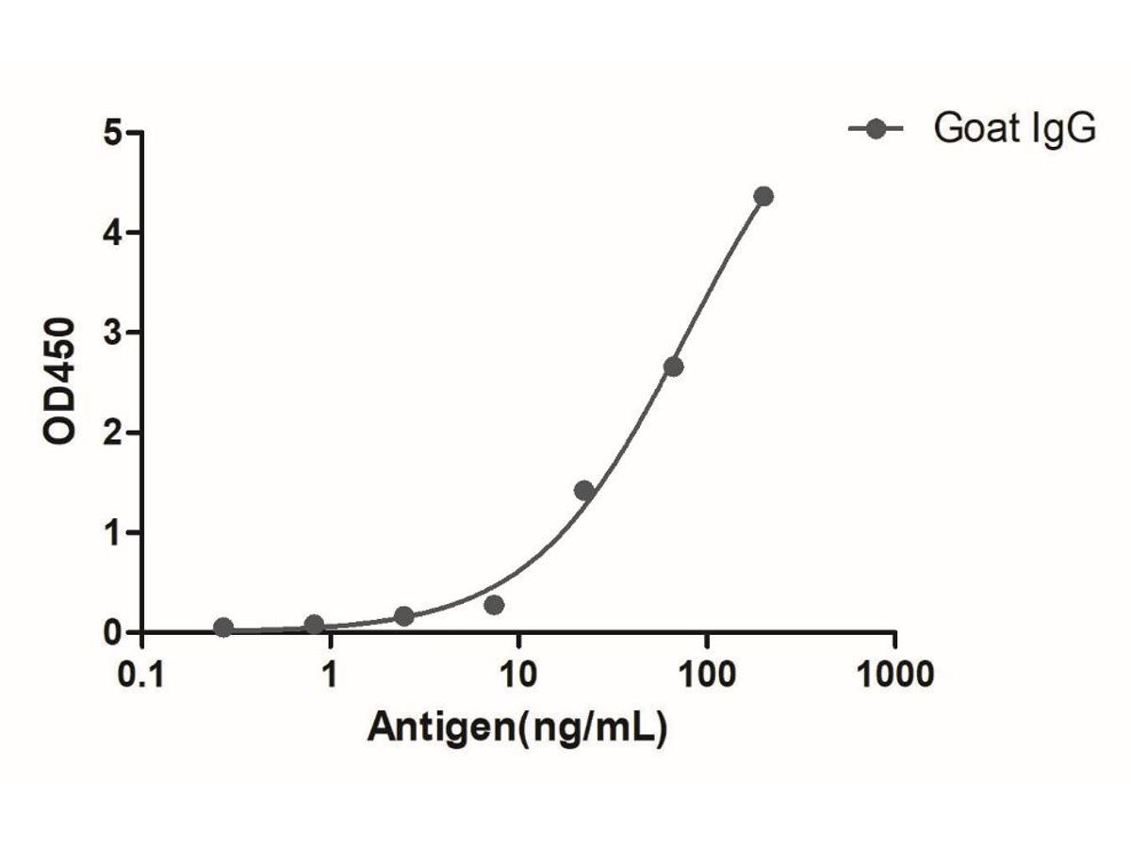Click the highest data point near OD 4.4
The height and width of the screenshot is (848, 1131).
(763, 197)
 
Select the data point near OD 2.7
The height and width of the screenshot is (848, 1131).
(673, 367)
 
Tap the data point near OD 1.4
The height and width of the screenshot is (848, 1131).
(583, 490)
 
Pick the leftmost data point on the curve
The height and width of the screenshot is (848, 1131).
(223, 628)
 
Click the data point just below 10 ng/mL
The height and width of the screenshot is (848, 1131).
(494, 605)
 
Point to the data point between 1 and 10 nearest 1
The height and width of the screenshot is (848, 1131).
(404, 616)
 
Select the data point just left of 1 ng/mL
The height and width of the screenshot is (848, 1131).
(314, 625)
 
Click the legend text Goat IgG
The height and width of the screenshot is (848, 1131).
(1015, 129)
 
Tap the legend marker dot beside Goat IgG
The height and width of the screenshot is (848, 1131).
(876, 129)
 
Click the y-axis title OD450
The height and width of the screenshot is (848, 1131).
(61, 382)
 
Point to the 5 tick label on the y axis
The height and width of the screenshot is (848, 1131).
(114, 133)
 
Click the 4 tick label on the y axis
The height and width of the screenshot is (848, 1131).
(114, 233)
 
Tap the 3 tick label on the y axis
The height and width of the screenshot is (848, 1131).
(114, 333)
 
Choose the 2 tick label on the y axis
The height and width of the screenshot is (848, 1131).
(114, 432)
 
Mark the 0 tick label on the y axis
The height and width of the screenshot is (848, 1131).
(114, 632)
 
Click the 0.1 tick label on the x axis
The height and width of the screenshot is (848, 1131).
(141, 676)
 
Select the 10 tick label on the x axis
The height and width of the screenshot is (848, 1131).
(517, 676)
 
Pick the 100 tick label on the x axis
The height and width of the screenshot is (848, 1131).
(706, 676)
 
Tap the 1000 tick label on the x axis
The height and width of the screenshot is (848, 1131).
(894, 676)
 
